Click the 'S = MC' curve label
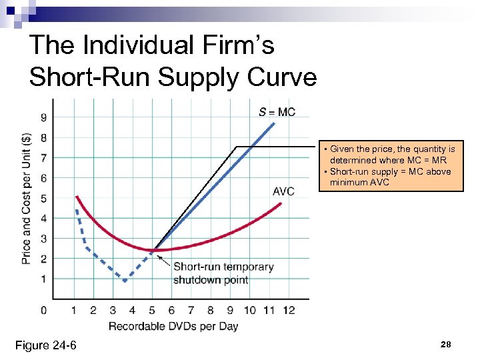277,111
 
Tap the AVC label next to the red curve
283,191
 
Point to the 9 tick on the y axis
43,119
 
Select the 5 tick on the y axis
43,198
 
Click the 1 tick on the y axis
43,278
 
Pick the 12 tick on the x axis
289,310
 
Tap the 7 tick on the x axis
191,310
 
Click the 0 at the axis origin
43,310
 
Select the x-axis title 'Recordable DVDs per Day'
173,326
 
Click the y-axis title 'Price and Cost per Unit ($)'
26,199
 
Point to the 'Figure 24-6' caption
46,345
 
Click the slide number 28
446,345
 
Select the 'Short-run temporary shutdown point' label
223,273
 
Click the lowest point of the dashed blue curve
125,281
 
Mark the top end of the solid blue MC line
273,123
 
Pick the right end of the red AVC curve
281,203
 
